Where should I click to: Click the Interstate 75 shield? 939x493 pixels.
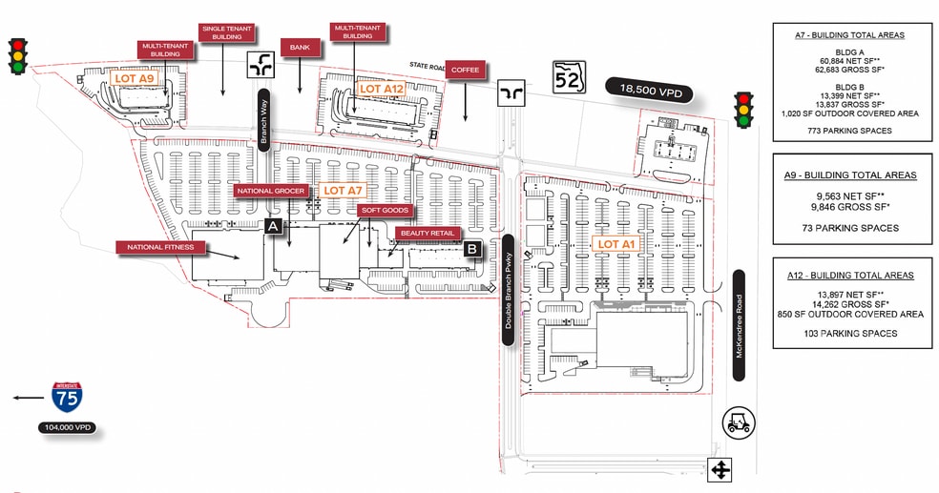coord(67,398)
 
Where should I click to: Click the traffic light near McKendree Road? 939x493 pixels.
coord(742,110)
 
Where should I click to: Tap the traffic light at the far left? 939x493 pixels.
coord(16,55)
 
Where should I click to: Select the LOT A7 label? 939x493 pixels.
coord(342,191)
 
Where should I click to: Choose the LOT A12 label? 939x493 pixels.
coord(382,89)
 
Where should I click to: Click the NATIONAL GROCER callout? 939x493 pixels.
coord(272,191)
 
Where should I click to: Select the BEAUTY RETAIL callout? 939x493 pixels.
coord(428,233)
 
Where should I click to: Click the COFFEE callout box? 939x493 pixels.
coord(466,69)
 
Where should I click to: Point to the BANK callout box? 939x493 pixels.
coord(299,46)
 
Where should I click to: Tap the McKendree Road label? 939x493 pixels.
coord(739,325)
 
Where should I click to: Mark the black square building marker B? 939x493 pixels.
coord(472,249)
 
